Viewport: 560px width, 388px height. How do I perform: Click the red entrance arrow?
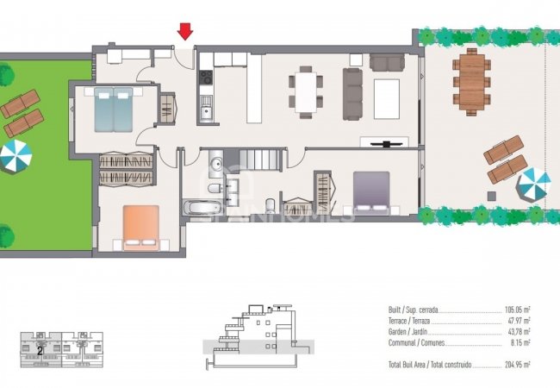tap(184, 32)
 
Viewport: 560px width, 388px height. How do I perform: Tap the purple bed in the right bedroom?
tap(371, 191)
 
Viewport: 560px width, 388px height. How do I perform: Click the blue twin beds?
tap(115, 109)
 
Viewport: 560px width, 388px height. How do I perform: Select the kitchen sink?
tap(205, 109)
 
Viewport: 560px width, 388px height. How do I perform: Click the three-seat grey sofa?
tap(352, 93)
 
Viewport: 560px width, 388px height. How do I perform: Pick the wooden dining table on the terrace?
tap(471, 80)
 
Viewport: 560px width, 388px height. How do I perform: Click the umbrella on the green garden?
tap(15, 156)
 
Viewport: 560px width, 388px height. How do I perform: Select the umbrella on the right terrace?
tap(533, 184)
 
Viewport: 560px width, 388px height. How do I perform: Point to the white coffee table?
tap(386, 97)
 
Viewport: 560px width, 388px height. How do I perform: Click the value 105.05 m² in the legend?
tap(517, 309)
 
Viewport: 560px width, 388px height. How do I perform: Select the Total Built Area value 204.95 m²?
tap(517, 366)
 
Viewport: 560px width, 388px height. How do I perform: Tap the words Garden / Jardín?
tap(410, 331)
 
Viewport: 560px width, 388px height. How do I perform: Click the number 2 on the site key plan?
tap(39, 350)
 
